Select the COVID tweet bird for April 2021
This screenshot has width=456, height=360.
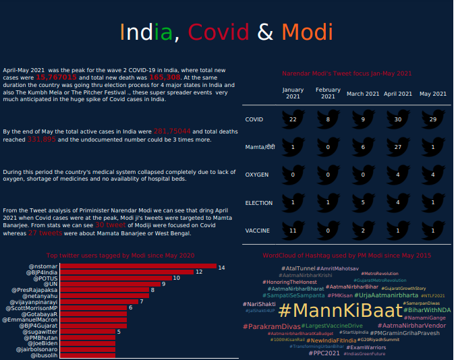point(398,119)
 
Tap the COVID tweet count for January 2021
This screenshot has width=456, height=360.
point(293,119)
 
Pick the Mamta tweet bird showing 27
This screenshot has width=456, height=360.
point(398,146)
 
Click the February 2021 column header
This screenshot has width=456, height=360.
point(328,93)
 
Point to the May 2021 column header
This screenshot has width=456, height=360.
point(433,93)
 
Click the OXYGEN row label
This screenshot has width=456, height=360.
point(256,175)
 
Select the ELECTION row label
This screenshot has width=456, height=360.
point(258,202)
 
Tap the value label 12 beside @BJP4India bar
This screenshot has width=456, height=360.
point(199,272)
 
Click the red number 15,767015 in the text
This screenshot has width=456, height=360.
point(55,78)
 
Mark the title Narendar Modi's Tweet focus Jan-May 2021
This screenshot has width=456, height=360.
point(347,73)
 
